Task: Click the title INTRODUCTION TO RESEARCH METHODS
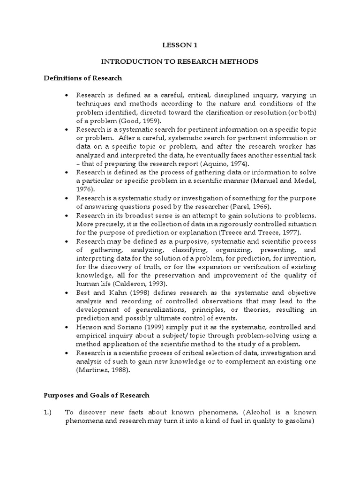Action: (x=180, y=61)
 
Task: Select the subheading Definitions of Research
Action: (x=82, y=78)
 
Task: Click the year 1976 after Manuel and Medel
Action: (x=84, y=189)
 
